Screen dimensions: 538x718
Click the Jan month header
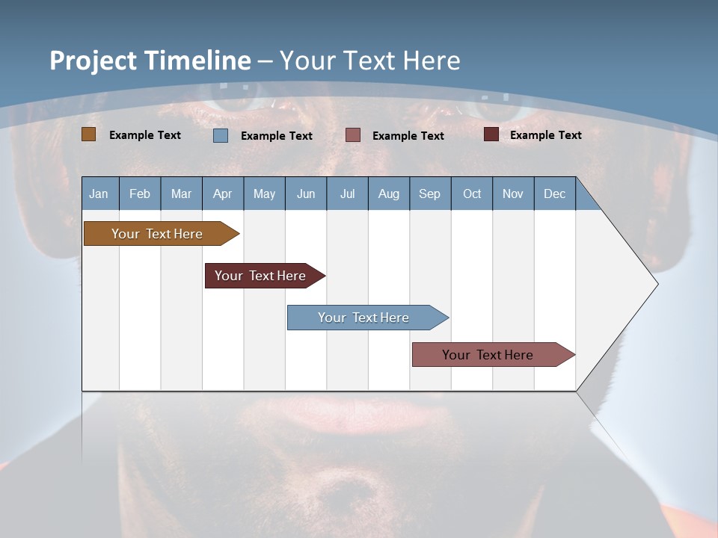point(99,194)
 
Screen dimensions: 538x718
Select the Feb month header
point(140,194)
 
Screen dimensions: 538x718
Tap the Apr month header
point(222,194)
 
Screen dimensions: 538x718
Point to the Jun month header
point(306,194)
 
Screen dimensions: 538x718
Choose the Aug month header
point(388,194)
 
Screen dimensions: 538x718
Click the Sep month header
point(429,194)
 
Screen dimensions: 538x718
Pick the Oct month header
point(472,194)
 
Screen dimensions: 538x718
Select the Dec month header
point(554,194)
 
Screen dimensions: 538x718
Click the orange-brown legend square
point(89,134)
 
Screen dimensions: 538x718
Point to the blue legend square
point(221,135)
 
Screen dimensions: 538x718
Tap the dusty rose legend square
point(353,135)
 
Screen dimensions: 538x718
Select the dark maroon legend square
point(491,134)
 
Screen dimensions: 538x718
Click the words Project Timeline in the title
point(150,61)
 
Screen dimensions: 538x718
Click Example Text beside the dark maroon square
point(545,135)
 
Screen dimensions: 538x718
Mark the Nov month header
point(513,194)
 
